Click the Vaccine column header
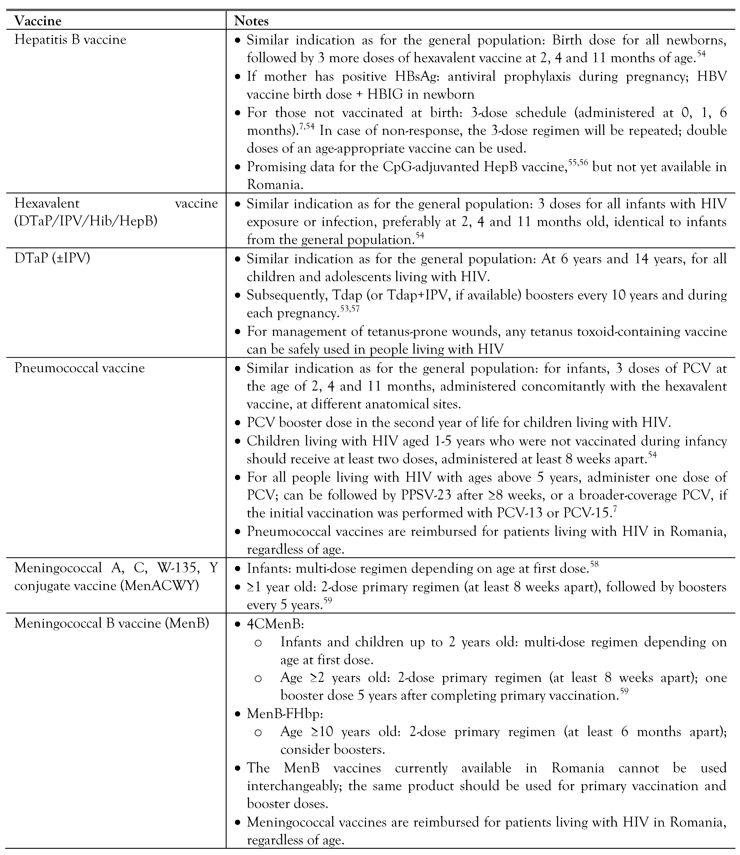pos(38,21)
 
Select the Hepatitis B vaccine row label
pos(70,40)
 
